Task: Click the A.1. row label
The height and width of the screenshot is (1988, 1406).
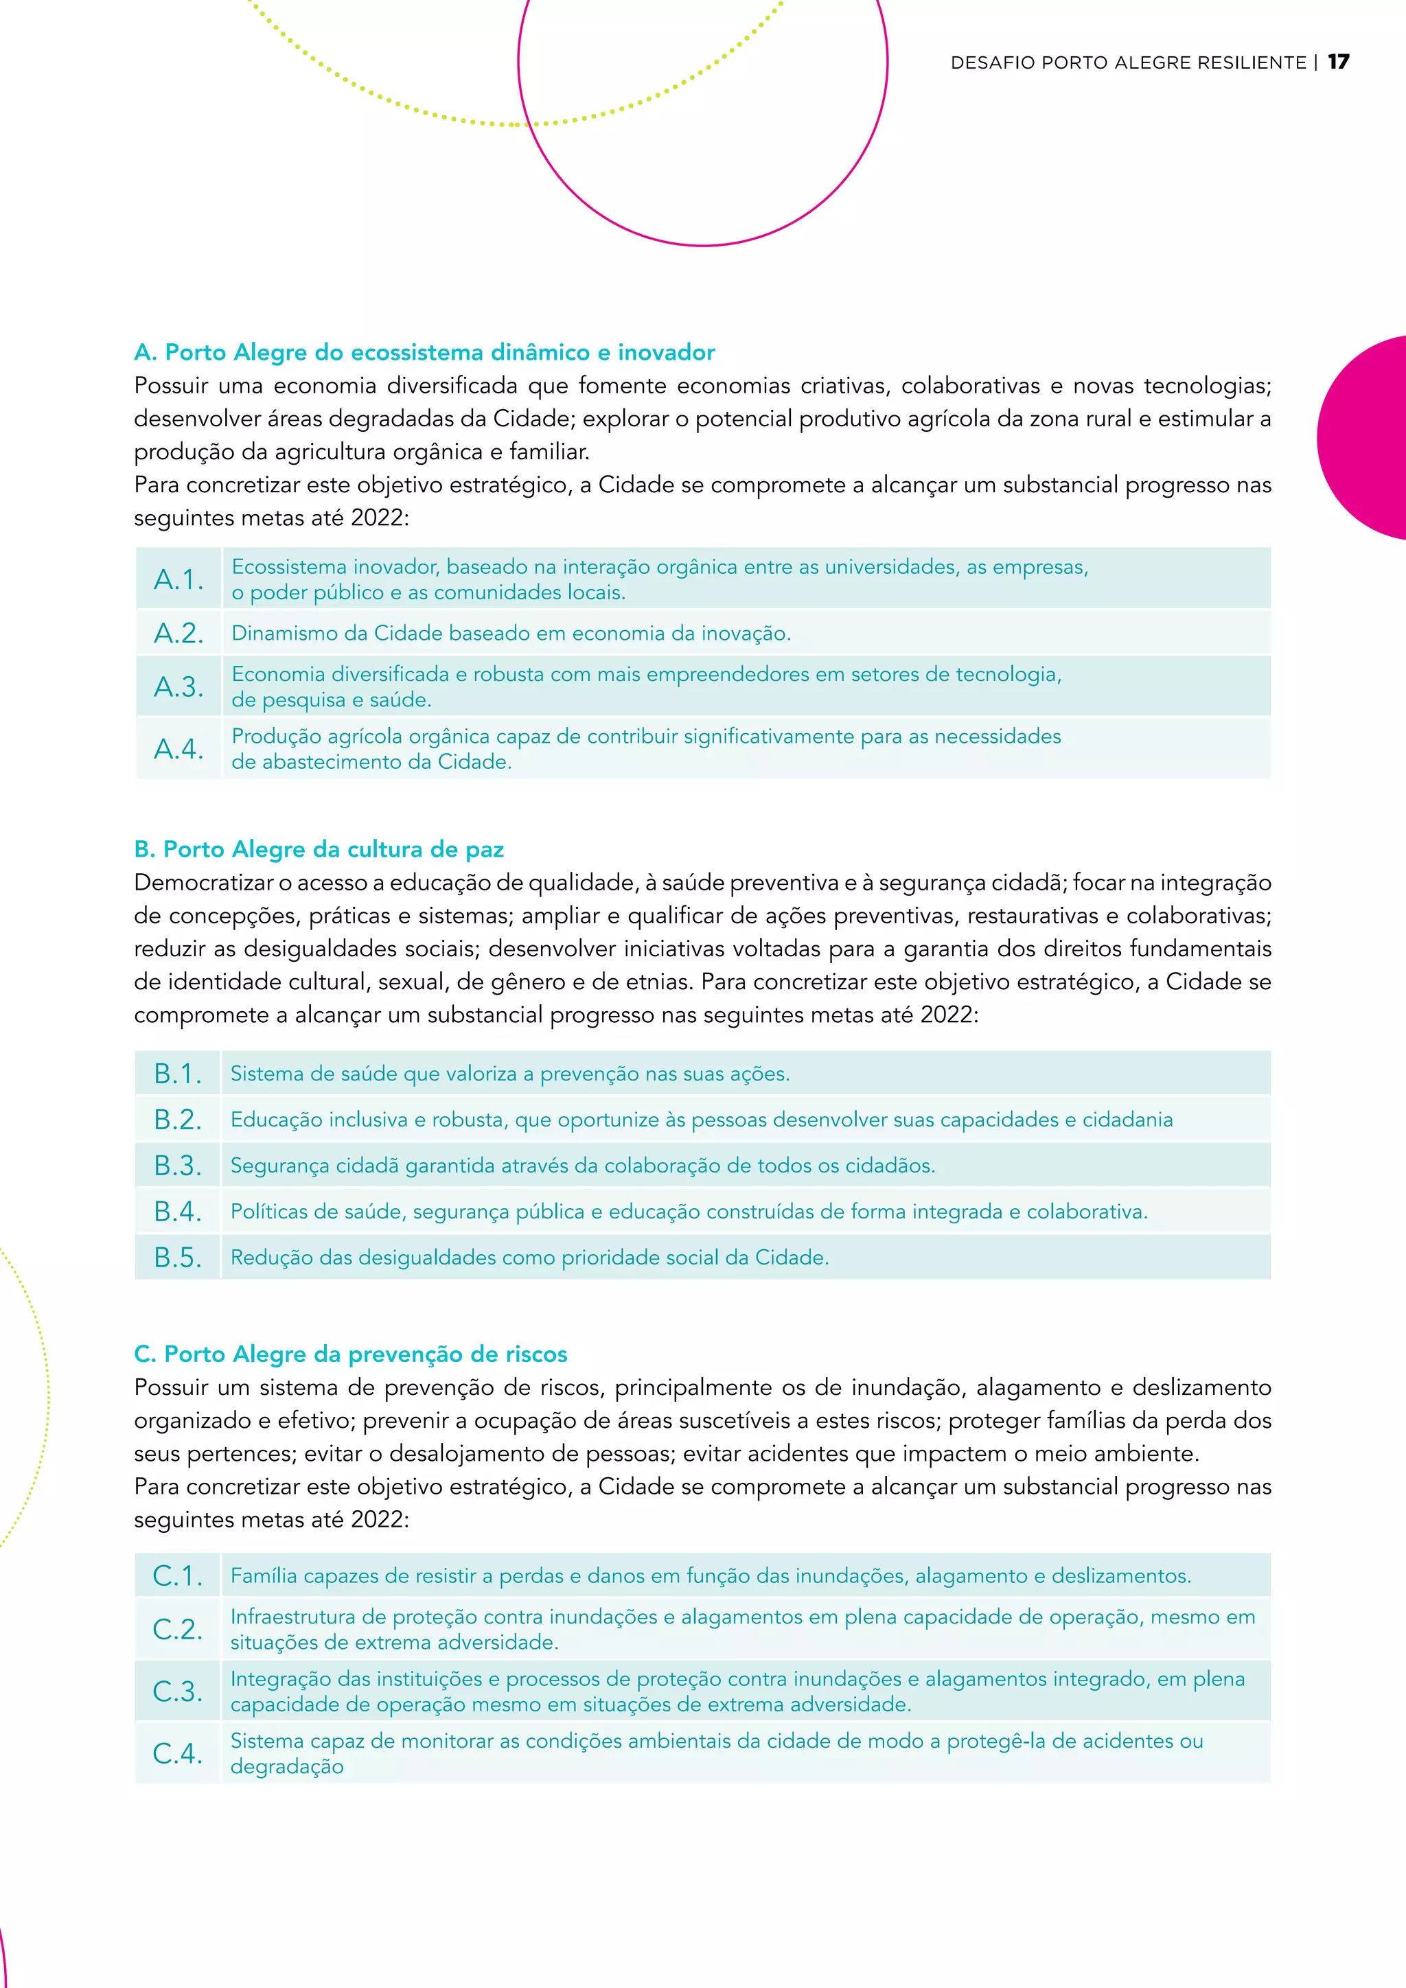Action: click(x=178, y=579)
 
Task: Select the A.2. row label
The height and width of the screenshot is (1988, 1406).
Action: click(x=178, y=633)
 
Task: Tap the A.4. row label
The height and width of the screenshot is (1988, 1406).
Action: click(x=178, y=748)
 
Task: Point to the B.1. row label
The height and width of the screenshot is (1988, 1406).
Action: click(x=178, y=1074)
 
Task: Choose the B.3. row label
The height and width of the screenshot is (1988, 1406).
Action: click(x=178, y=1166)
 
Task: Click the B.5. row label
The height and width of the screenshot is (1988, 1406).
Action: click(x=178, y=1257)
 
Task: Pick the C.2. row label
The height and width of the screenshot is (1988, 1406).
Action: click(x=178, y=1629)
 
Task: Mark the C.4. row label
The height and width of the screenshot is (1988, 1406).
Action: click(x=178, y=1753)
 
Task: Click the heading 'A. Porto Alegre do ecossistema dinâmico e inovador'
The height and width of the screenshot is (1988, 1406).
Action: click(x=424, y=352)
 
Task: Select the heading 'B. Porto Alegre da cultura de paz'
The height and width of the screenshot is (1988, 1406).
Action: click(x=319, y=849)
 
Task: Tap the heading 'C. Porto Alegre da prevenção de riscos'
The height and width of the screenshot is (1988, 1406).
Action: click(x=351, y=1354)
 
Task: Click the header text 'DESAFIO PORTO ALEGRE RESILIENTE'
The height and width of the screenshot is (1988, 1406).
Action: click(x=1128, y=62)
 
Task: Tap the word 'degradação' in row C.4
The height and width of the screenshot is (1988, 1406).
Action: click(x=286, y=1766)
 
